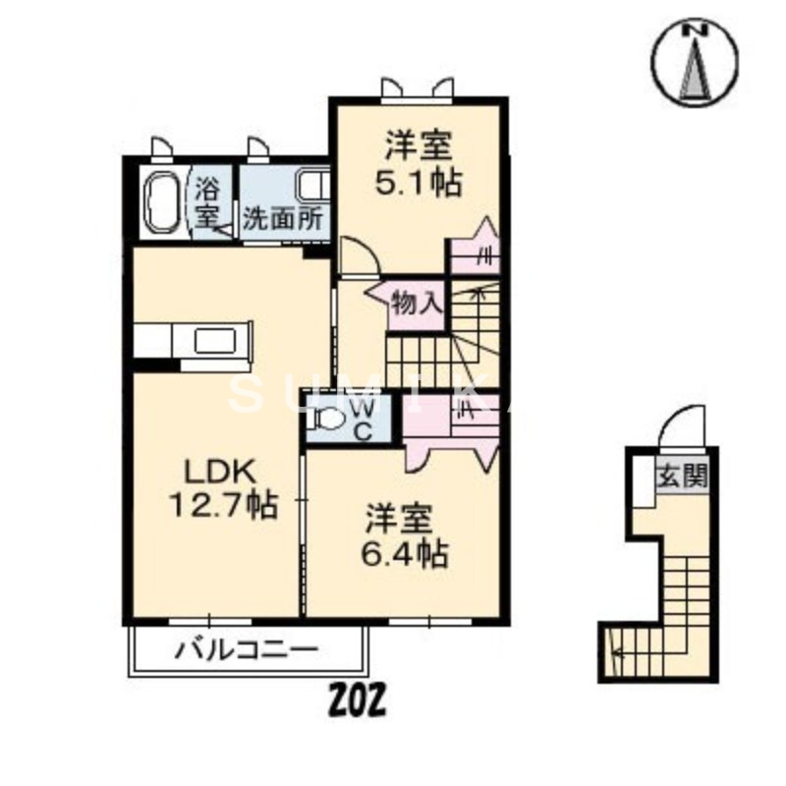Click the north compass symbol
point(697,62)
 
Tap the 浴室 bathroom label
point(206,199)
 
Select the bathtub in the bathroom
point(161,203)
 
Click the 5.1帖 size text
point(419,183)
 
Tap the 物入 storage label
point(416,302)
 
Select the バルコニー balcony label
point(247,649)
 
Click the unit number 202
point(356,700)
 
